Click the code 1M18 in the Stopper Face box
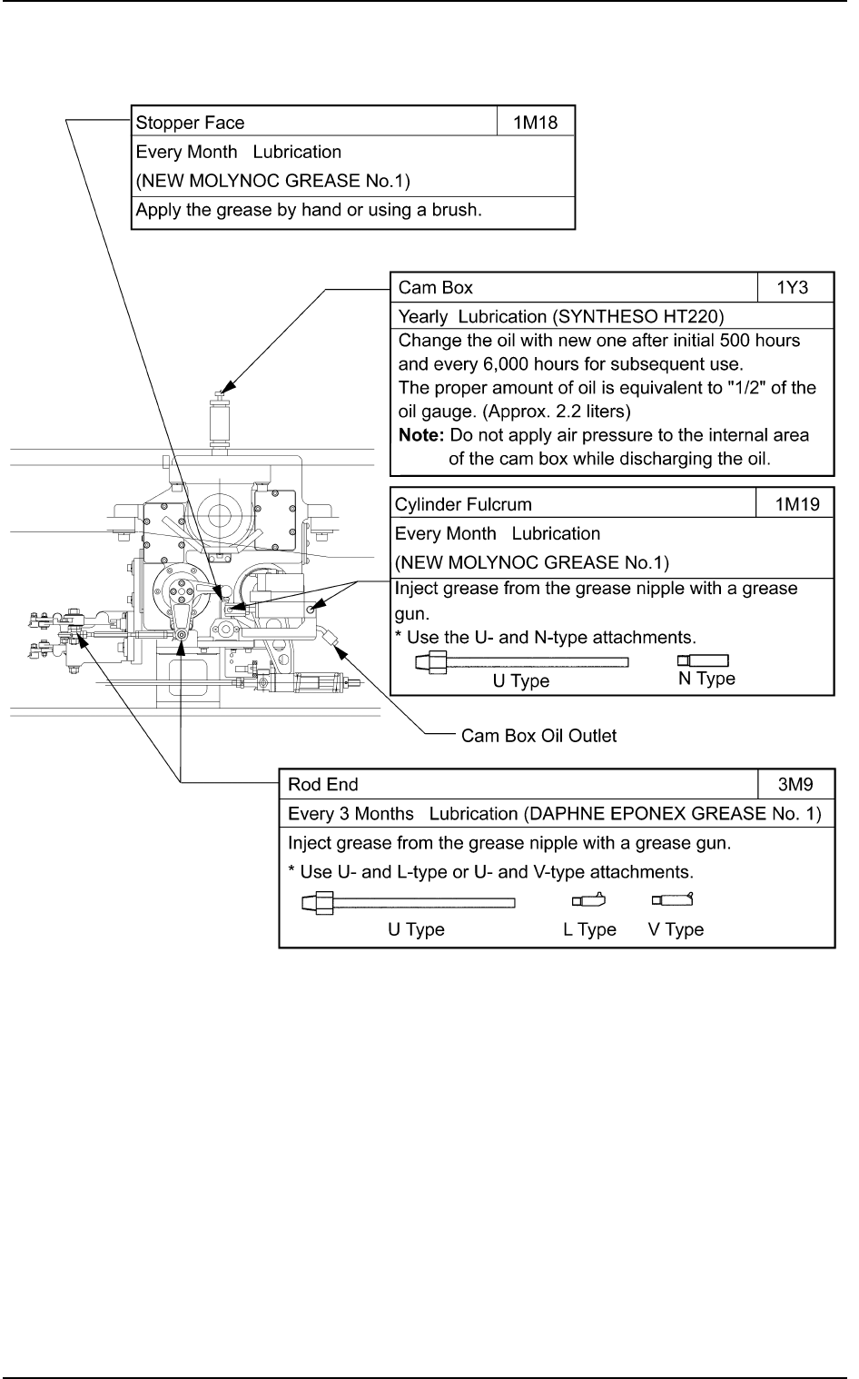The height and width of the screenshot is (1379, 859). [x=536, y=123]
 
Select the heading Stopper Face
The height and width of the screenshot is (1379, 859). [x=190, y=123]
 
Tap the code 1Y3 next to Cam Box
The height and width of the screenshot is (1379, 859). [x=792, y=288]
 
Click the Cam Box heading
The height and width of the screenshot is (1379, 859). [x=436, y=288]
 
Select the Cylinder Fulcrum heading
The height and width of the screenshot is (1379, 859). [x=463, y=504]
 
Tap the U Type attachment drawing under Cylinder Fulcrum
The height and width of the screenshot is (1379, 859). [x=521, y=662]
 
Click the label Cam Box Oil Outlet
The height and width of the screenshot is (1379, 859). [x=538, y=736]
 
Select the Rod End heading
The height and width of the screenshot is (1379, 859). [x=322, y=784]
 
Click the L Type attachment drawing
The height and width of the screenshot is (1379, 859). [x=588, y=901]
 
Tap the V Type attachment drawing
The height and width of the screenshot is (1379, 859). [x=673, y=900]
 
